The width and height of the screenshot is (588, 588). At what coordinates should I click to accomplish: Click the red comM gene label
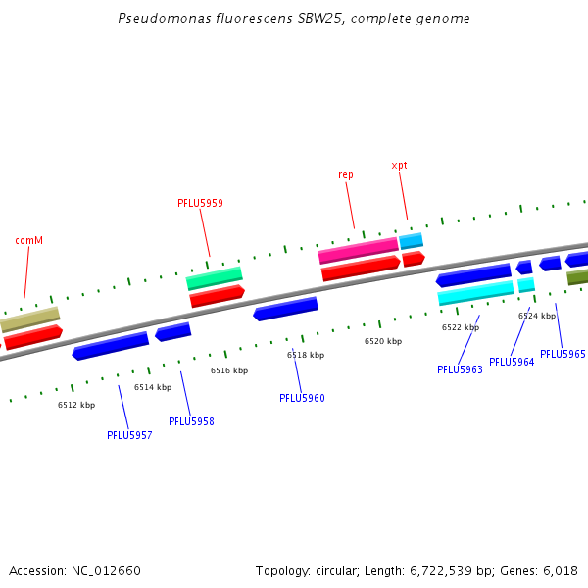pos(29,240)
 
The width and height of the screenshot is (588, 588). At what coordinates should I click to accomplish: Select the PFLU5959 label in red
pos(200,204)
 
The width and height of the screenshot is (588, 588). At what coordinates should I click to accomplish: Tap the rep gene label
pos(346,174)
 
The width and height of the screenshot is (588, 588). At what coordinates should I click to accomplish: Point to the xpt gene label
pos(399,165)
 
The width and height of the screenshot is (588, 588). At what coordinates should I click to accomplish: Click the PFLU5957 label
pos(129,435)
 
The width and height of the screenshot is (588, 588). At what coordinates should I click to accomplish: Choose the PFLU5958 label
pos(191,421)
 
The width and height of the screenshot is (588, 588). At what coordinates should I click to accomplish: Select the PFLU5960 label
pos(302,398)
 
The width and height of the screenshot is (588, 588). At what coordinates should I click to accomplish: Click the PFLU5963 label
pos(460,369)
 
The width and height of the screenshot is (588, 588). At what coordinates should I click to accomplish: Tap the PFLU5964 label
pos(512,362)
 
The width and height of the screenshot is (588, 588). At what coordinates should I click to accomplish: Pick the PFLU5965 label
pos(563,354)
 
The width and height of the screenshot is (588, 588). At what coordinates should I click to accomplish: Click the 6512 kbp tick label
pos(76,405)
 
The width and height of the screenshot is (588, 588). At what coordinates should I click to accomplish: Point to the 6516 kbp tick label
pos(229,370)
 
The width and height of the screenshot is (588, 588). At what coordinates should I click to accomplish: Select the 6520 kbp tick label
pos(383,341)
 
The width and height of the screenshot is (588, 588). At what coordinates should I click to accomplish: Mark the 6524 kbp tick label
pos(537,316)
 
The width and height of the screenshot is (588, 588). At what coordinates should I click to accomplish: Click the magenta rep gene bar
pos(358,251)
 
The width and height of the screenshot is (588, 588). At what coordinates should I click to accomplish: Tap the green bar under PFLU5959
pos(215,279)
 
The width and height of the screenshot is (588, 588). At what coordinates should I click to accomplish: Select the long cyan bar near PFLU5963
pos(475,292)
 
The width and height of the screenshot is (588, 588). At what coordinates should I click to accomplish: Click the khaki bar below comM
pos(29,319)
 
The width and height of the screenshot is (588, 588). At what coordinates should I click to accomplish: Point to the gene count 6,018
pos(559,570)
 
